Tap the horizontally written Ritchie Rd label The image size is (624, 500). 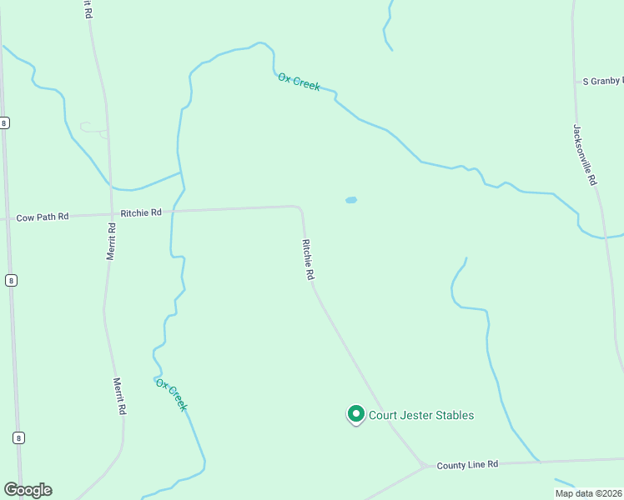coord(140,212)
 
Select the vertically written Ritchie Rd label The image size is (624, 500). coord(308,259)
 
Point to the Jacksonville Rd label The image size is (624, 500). coord(585,154)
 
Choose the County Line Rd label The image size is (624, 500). coord(467,464)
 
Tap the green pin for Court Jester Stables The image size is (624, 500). coord(355,413)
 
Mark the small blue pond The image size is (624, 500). coord(351,200)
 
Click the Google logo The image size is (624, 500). coord(28,490)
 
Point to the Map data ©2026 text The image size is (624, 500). coord(588,493)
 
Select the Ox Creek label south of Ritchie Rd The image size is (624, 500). coord(171,395)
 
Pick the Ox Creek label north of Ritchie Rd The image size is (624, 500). coord(299,82)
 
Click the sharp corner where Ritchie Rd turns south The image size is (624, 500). coord(299,207)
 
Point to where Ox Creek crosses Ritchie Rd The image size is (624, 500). coord(173,211)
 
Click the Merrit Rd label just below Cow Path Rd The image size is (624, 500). coord(111,242)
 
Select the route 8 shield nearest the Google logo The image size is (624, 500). coord(18,437)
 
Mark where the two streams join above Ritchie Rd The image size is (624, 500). coord(181,173)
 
